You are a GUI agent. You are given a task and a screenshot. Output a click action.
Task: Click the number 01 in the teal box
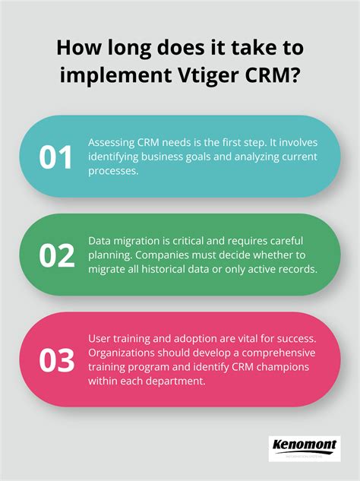57,156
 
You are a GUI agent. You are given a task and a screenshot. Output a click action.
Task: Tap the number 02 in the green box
57,256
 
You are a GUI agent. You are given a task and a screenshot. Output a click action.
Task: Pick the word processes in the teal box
112,172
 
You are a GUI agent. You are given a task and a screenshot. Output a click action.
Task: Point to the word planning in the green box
111,256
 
